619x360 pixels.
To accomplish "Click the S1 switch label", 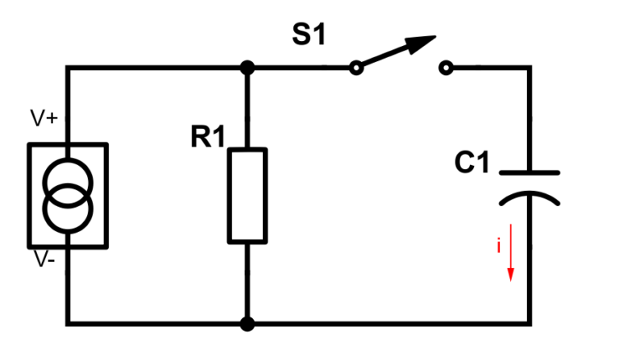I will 309,35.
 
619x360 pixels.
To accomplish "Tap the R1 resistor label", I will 207,138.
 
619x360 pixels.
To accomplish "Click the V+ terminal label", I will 44,118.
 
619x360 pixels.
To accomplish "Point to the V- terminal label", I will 44,262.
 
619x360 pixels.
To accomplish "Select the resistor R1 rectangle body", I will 247,195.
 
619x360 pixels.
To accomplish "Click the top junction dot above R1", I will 247,68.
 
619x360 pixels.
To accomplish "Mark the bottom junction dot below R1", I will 247,324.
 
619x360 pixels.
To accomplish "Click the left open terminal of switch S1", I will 355,68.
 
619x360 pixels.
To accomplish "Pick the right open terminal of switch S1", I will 446,68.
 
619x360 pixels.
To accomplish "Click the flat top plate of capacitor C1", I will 529,172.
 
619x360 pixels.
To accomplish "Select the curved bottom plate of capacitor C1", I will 529,197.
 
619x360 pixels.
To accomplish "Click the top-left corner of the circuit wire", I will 69,68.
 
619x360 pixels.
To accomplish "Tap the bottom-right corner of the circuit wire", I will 530,324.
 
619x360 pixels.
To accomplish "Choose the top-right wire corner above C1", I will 530,68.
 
